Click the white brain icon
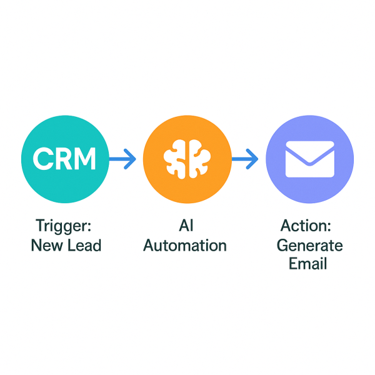187,160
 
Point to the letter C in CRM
42,160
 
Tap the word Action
309,225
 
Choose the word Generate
309,244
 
